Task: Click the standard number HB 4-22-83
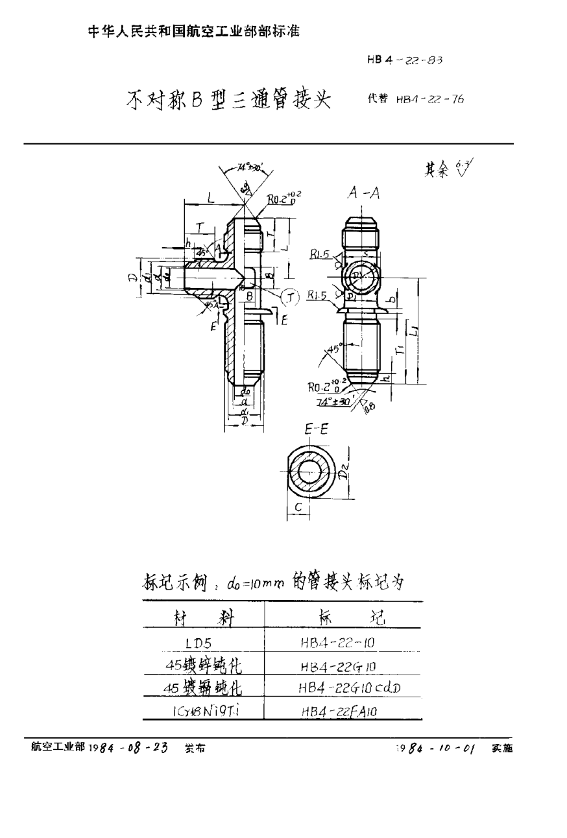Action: click(405, 60)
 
